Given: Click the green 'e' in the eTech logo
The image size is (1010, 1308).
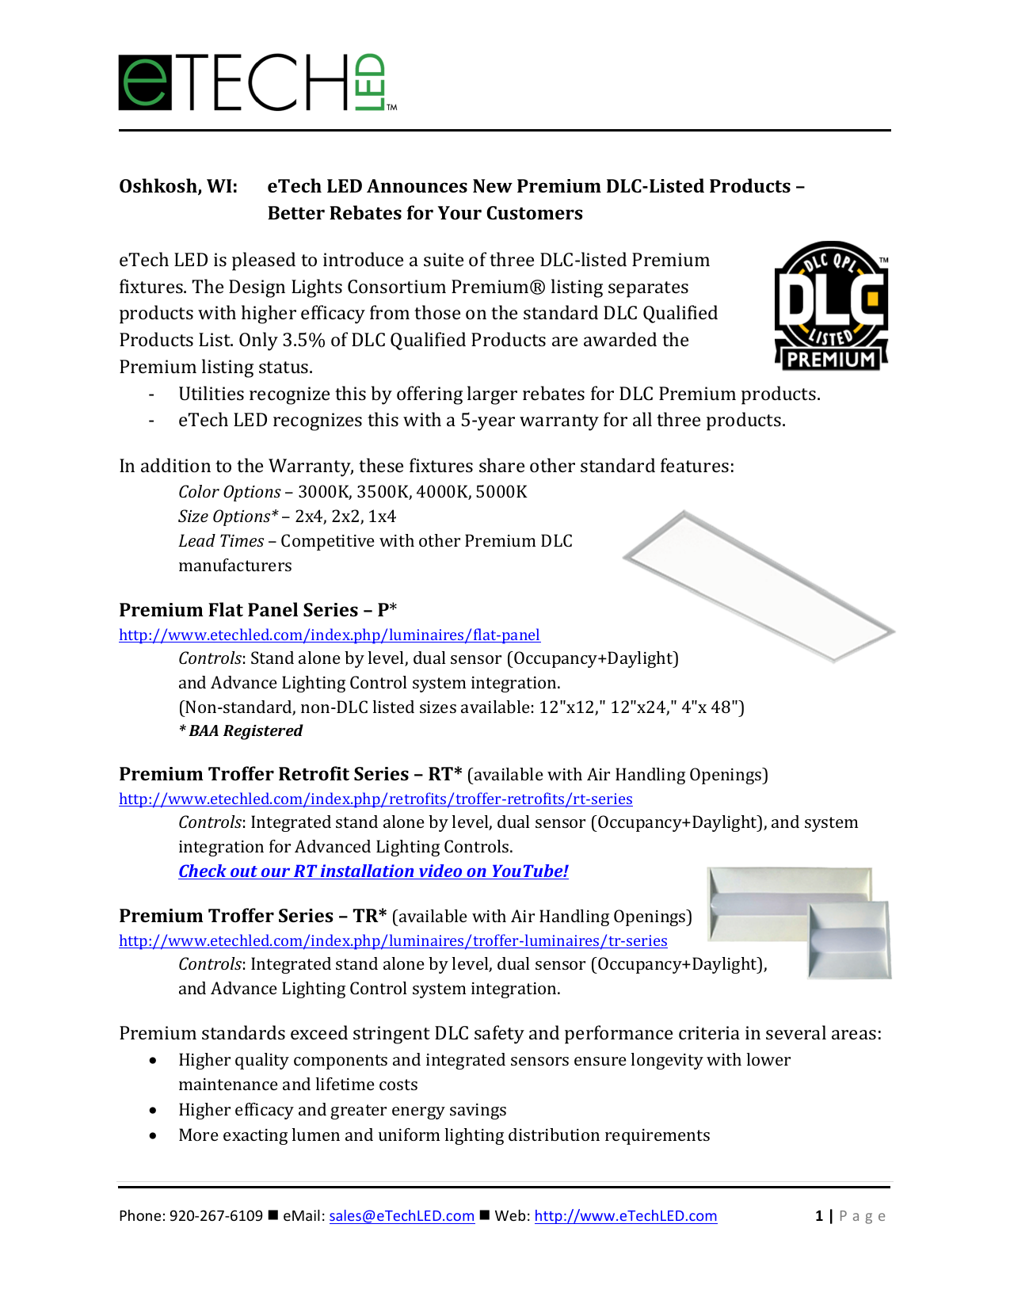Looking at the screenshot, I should pyautogui.click(x=145, y=82).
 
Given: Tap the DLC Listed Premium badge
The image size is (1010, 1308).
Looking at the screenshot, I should pyautogui.click(x=831, y=306).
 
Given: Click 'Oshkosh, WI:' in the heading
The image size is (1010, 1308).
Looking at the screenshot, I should pyautogui.click(x=178, y=186).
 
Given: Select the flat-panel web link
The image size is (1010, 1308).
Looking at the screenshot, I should pyautogui.click(x=330, y=635).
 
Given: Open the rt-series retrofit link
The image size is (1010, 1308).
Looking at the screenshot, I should pyautogui.click(x=375, y=799).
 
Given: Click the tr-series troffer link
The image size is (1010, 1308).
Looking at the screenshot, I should pyautogui.click(x=393, y=940).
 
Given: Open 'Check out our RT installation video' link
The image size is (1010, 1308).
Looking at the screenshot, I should pyautogui.click(x=373, y=871).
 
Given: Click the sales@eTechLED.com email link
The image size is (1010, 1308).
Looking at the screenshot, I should pyautogui.click(x=402, y=1215).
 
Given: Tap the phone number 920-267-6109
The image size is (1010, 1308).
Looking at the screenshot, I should pyautogui.click(x=215, y=1215).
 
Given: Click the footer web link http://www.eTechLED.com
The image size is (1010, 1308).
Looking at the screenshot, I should pyautogui.click(x=625, y=1215).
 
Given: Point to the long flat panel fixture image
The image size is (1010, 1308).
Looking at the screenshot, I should pyautogui.click(x=758, y=585).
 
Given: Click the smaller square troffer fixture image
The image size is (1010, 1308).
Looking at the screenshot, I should pyautogui.click(x=849, y=940).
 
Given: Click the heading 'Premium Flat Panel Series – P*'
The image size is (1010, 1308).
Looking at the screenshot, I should pyautogui.click(x=257, y=610).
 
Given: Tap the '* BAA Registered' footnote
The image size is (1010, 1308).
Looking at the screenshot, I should pyautogui.click(x=241, y=730).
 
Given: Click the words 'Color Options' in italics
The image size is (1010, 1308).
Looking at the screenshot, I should pyautogui.click(x=229, y=492).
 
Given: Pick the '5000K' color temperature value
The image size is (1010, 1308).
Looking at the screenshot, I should pyautogui.click(x=501, y=492).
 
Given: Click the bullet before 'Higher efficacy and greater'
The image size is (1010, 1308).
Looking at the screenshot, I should pyautogui.click(x=153, y=1110).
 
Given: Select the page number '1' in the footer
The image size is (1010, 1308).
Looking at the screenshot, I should pyautogui.click(x=818, y=1215).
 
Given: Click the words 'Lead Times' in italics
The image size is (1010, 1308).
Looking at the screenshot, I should pyautogui.click(x=221, y=541).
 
